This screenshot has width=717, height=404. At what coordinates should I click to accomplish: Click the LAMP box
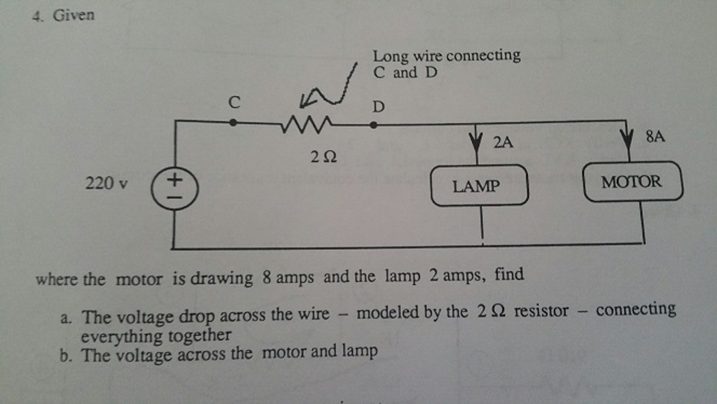click(x=480, y=186)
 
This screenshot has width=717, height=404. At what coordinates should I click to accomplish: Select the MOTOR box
click(x=632, y=182)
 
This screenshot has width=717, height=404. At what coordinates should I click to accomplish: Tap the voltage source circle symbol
click(x=174, y=189)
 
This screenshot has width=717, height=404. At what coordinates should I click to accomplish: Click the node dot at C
click(x=233, y=121)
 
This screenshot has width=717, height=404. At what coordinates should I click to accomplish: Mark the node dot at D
click(x=373, y=125)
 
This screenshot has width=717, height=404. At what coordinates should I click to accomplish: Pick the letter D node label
click(x=378, y=107)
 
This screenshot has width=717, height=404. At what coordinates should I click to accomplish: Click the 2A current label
click(x=503, y=142)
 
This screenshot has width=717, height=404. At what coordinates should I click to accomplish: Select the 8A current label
click(x=655, y=137)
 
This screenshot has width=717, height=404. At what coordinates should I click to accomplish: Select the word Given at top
click(x=73, y=15)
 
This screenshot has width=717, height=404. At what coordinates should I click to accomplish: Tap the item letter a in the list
click(x=66, y=316)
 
